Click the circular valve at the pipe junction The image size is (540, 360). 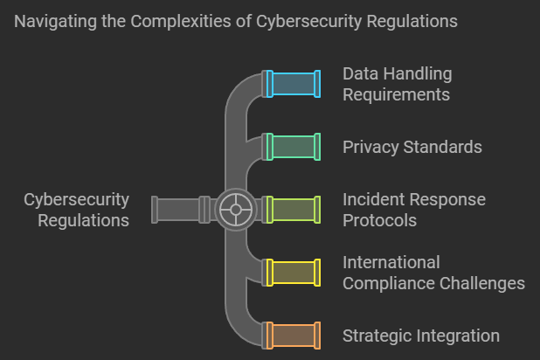pyautogui.click(x=235, y=210)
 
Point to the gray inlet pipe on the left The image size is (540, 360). pyautogui.click(x=179, y=210)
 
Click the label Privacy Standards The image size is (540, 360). pyautogui.click(x=412, y=147)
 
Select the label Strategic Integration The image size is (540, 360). pyautogui.click(x=420, y=336)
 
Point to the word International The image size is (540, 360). pyautogui.click(x=391, y=262)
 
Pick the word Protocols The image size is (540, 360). pyautogui.click(x=379, y=220)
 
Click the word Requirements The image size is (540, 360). pyautogui.click(x=396, y=94)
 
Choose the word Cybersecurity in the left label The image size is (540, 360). pyautogui.click(x=77, y=200)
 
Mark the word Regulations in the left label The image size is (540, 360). pyautogui.click(x=84, y=220)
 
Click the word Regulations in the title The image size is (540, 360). pyautogui.click(x=411, y=20)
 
